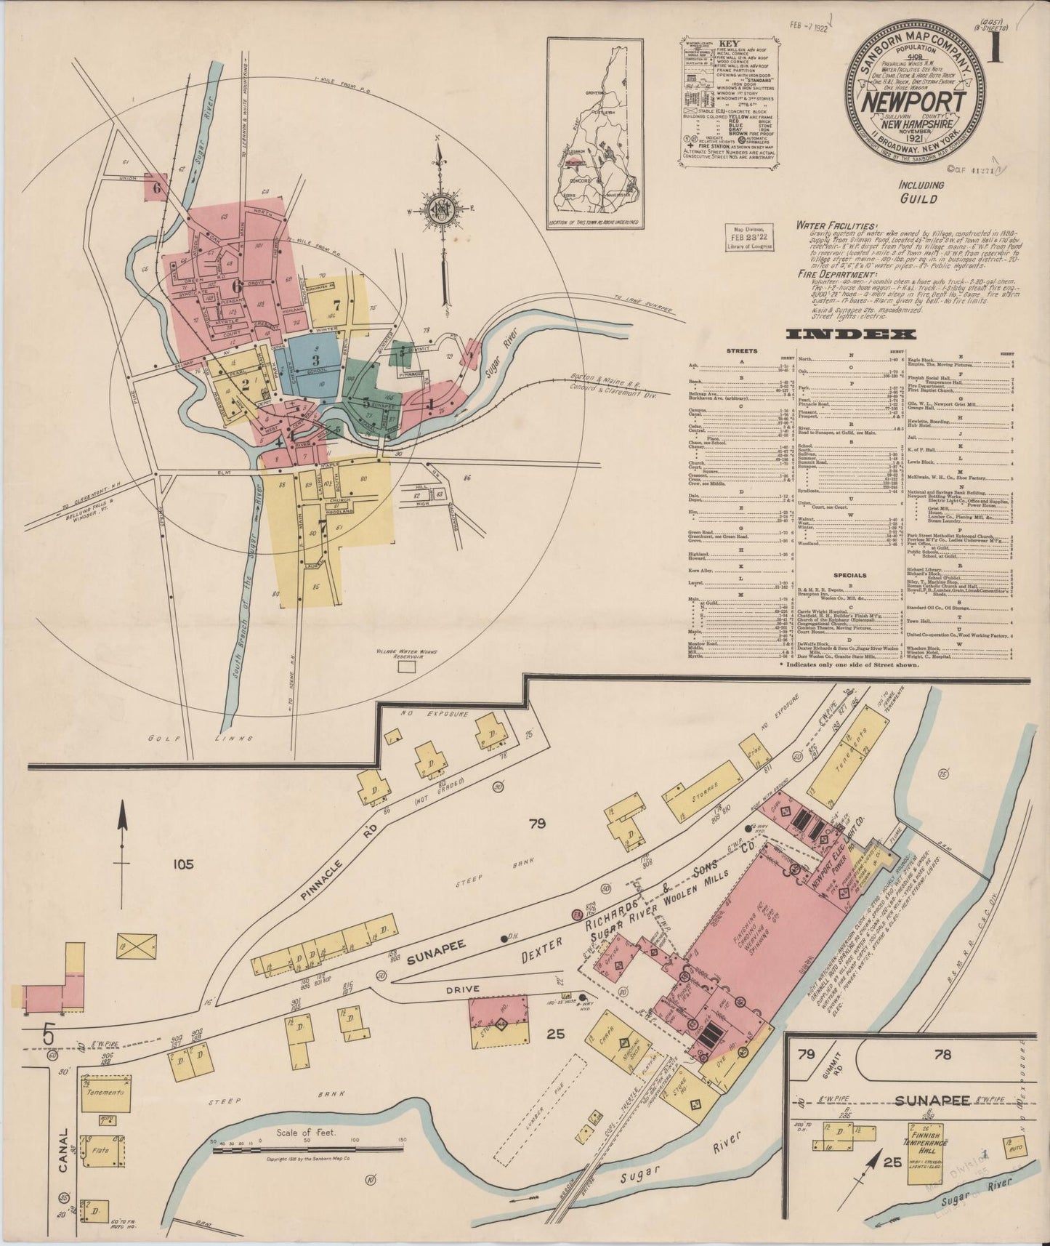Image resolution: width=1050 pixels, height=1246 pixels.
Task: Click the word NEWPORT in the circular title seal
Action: click(x=914, y=103)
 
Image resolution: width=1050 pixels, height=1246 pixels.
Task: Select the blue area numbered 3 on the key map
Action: click(x=314, y=360)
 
